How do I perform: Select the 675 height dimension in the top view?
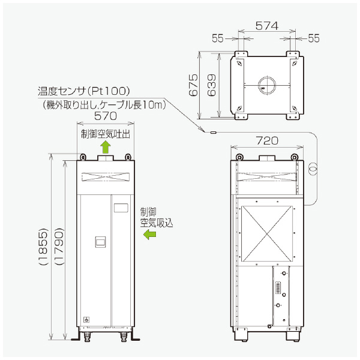pyautogui.click(x=194, y=85)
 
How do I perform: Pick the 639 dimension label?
pyautogui.click(x=211, y=85)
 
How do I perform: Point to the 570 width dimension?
pyautogui.click(x=105, y=117)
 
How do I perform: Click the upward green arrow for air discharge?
pyautogui.click(x=106, y=146)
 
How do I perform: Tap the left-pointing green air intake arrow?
pyautogui.click(x=148, y=236)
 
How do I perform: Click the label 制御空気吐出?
pyautogui.click(x=105, y=132)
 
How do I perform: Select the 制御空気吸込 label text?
pyautogui.click(x=156, y=217)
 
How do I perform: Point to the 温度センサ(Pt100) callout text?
pyautogui.click(x=83, y=91)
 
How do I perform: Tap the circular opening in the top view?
pyautogui.click(x=266, y=85)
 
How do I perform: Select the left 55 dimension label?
pyautogui.click(x=217, y=38)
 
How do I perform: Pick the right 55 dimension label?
pyautogui.click(x=314, y=38)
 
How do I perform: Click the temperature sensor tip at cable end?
pyautogui.click(x=212, y=132)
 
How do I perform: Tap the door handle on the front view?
pyautogui.click(x=101, y=242)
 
